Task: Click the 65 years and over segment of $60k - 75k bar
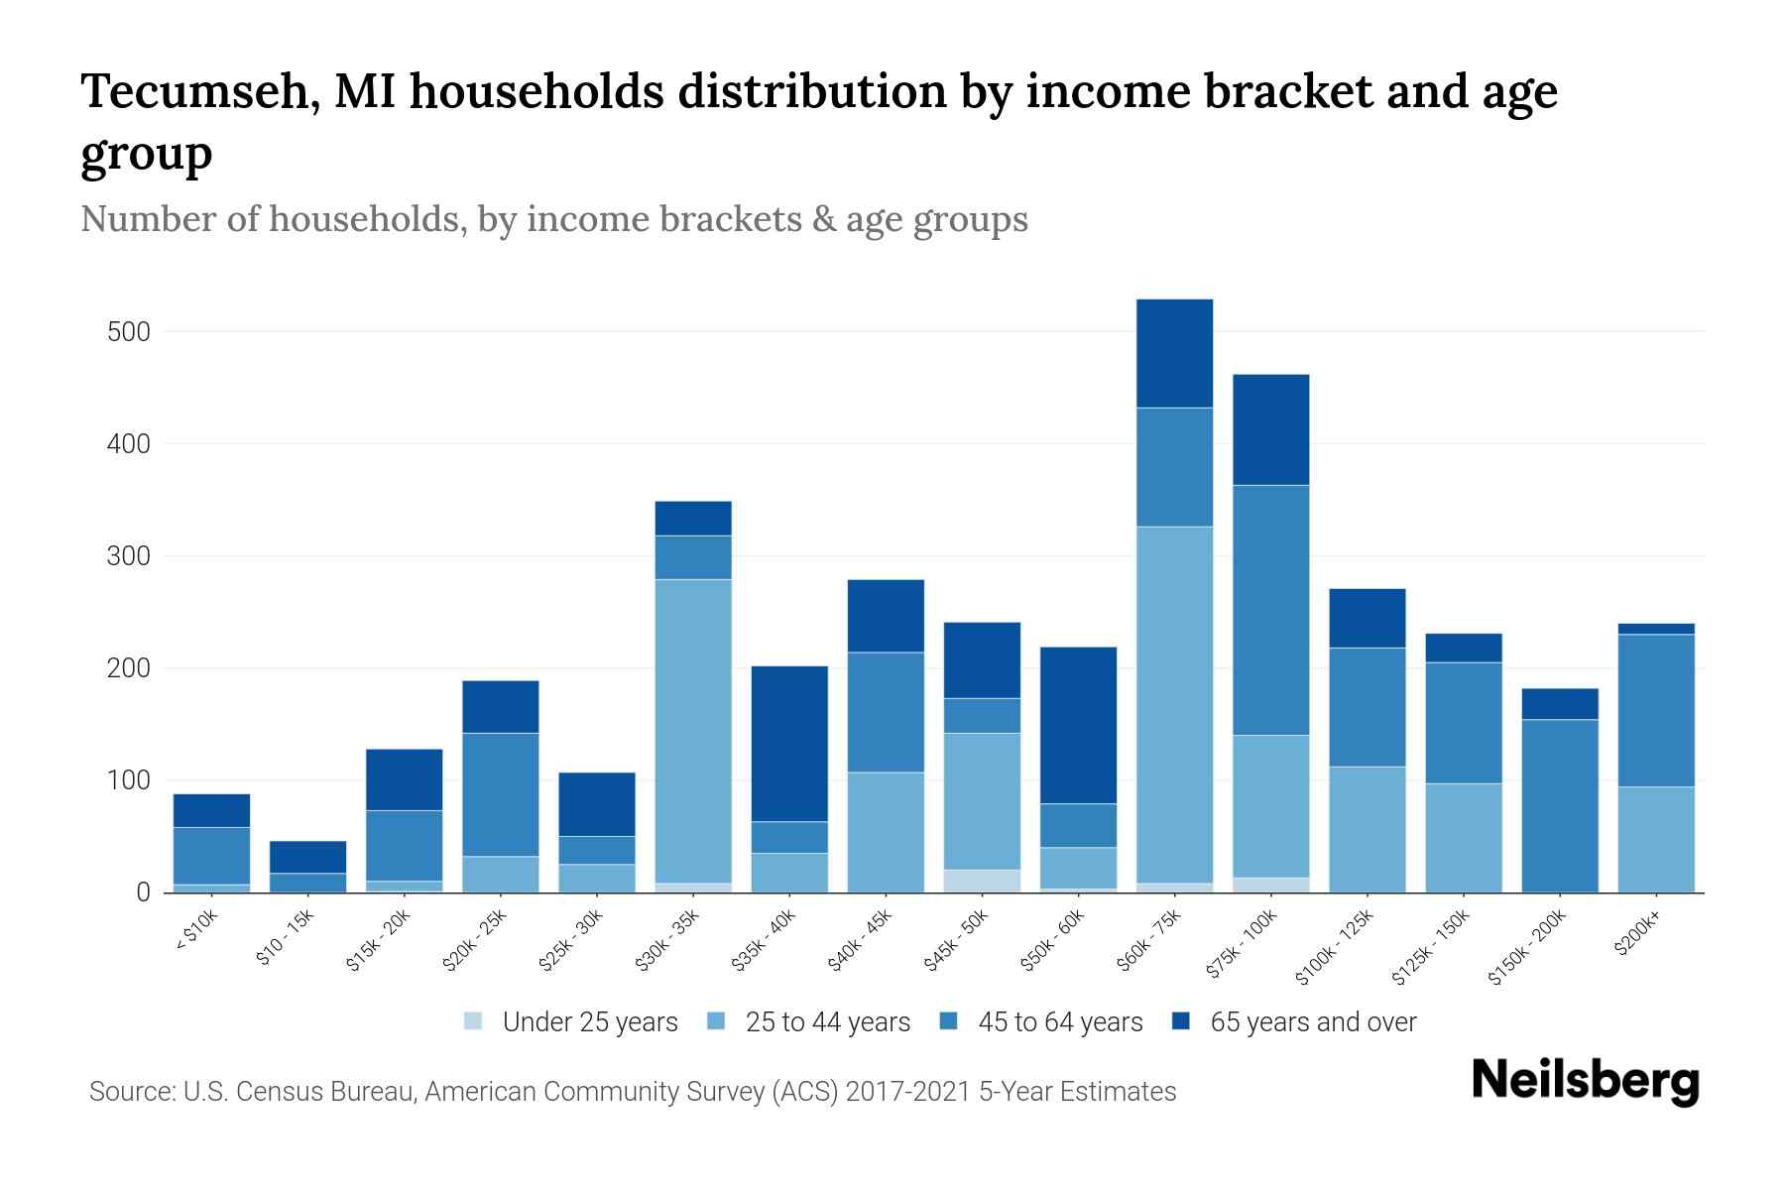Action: (x=1174, y=353)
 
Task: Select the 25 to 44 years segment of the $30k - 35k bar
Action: (x=693, y=731)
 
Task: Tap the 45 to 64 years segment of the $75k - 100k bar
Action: (x=1270, y=610)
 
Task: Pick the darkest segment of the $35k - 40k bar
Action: (x=789, y=744)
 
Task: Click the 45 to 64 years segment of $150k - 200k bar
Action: (x=1560, y=805)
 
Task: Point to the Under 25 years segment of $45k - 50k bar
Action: (x=982, y=881)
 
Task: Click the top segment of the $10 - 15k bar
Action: (x=307, y=857)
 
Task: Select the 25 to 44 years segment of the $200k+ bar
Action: (x=1656, y=839)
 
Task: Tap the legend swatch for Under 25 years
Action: (x=474, y=1021)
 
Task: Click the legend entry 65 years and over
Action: (x=1312, y=1022)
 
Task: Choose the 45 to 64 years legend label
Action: (x=1059, y=1022)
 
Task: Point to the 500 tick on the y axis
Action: (x=129, y=332)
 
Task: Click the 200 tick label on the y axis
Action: (x=129, y=669)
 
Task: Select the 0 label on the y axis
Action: (x=144, y=893)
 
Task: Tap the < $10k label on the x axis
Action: (x=196, y=932)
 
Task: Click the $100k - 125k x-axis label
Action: (x=1335, y=947)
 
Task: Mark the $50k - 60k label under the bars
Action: (x=1055, y=940)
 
